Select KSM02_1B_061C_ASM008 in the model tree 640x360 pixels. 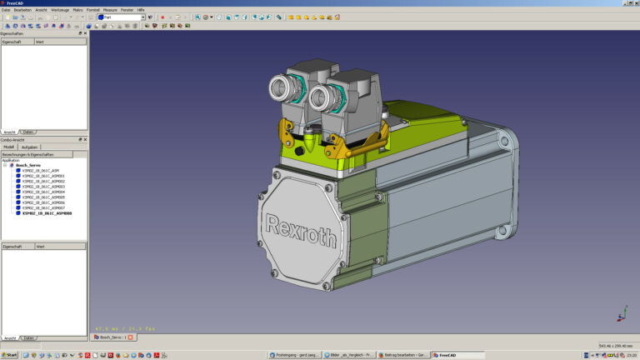[x=47, y=213]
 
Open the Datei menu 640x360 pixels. [x=6, y=9]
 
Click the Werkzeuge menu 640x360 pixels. [x=60, y=9]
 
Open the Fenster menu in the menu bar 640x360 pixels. [x=127, y=9]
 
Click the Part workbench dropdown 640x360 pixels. [x=121, y=17]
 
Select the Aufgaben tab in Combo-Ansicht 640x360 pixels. [x=29, y=147]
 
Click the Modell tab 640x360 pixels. [x=9, y=147]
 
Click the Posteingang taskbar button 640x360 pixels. [x=293, y=355]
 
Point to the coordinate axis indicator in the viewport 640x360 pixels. [x=621, y=313]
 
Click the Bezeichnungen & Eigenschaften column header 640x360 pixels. [x=27, y=154]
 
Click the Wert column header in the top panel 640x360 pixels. [x=39, y=40]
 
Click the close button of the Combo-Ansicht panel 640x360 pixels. [x=85, y=139]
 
